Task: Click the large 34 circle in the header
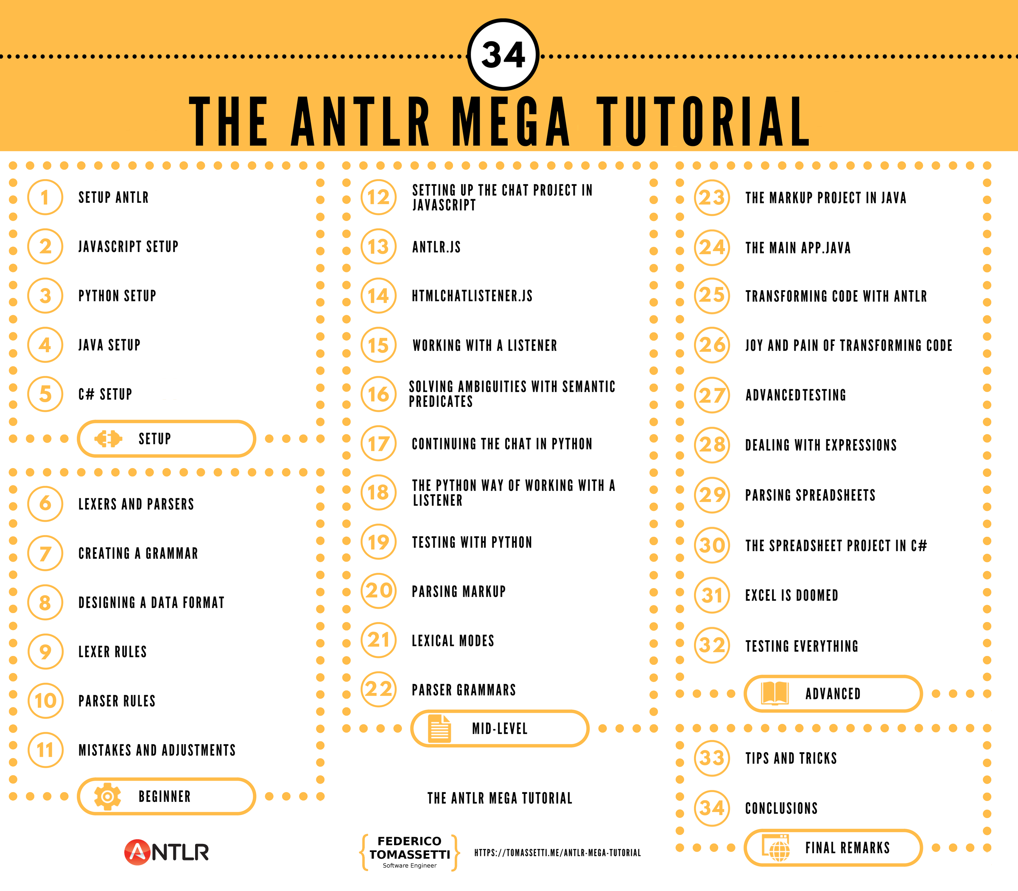coord(503,55)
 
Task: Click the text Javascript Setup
coord(128,247)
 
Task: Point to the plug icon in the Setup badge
coord(108,439)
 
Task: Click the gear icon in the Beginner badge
coord(107,796)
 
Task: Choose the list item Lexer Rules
coord(113,651)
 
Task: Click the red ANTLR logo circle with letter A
coord(137,852)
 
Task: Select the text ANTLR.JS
coord(436,247)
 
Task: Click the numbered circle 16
coord(378,394)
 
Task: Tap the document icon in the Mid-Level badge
coord(439,729)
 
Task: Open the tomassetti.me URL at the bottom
coord(557,853)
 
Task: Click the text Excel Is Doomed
coord(791,595)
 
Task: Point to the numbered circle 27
coord(712,395)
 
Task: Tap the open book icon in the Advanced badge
coord(775,693)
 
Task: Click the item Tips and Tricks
coord(791,758)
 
